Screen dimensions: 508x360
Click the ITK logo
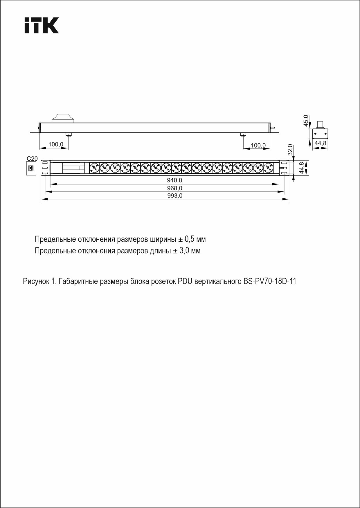pos(42,25)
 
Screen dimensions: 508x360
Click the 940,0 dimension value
pos(174,180)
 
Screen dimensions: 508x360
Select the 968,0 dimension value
pos(174,188)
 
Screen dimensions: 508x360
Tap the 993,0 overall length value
pos(175,196)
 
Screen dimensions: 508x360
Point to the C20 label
pos(32,159)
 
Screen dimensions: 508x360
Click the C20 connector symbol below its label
pos(31,168)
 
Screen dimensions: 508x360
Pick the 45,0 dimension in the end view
pos(306,121)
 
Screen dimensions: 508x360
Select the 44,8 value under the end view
pos(320,143)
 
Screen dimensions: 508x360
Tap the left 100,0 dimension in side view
pos(56,144)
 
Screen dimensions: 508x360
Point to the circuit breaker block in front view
pos(73,168)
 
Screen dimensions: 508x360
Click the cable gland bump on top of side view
pos(63,118)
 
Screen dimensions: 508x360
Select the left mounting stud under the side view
pos(69,135)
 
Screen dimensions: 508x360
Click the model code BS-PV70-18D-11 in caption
pos(269,281)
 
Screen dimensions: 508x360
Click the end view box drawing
pos(320,134)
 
